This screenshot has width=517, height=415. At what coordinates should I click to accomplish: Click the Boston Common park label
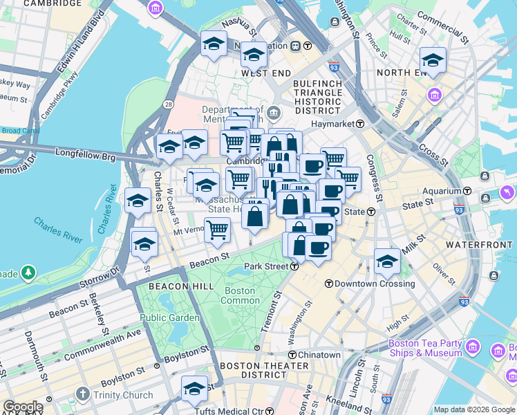point(240,296)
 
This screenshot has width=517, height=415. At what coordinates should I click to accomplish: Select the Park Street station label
point(266,267)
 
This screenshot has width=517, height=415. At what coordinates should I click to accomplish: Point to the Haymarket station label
point(335,124)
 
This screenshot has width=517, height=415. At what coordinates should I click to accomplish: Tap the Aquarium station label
point(442,190)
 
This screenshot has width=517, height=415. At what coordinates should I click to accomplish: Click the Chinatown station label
point(319,355)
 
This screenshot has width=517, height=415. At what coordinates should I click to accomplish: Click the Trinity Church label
point(120,396)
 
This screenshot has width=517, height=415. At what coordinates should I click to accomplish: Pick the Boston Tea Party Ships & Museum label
point(424,348)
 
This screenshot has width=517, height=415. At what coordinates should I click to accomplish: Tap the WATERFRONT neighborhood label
point(480,246)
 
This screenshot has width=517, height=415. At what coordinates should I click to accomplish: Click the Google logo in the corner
point(22,407)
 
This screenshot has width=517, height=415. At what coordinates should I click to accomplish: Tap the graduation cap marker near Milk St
point(387,260)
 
